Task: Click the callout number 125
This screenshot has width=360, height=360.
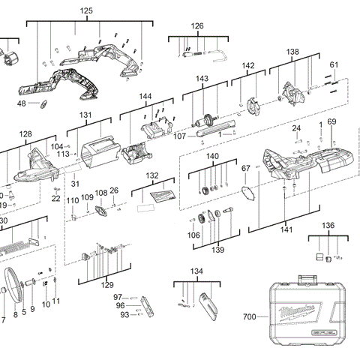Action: point(86,12)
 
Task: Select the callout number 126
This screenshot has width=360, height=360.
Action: point(196,26)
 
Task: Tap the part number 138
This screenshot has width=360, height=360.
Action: point(292,52)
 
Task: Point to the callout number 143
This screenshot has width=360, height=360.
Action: point(202,79)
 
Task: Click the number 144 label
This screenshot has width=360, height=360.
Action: point(145,97)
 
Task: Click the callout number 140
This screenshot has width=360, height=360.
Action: point(212,157)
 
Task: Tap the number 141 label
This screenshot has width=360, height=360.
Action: point(286,229)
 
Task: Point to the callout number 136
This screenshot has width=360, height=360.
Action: point(328,225)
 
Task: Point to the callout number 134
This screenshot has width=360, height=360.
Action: point(196,271)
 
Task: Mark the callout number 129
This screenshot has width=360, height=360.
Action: point(107,285)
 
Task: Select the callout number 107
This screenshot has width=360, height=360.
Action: point(179,136)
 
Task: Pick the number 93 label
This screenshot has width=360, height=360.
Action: point(124,315)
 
